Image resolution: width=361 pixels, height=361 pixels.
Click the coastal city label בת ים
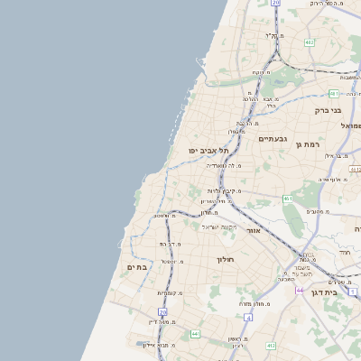tap(136, 267)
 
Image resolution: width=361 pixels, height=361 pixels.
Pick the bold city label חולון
tap(225, 260)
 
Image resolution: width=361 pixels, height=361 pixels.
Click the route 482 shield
tap(310, 42)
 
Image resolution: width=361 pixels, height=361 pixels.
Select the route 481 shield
tap(334, 93)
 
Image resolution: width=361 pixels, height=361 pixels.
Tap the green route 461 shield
tap(287, 199)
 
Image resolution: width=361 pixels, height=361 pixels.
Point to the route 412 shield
tap(270, 346)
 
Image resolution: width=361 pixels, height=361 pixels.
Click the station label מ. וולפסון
tap(164, 215)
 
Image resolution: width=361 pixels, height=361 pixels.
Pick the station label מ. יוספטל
tap(173, 262)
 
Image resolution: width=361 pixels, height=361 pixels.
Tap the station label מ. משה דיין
tap(160, 321)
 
